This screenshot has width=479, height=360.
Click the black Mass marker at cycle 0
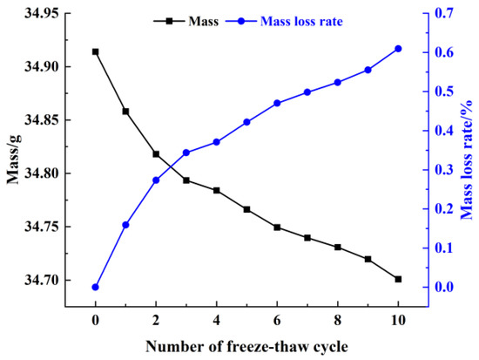coord(95,51)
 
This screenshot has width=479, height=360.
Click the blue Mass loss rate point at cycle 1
coord(125,225)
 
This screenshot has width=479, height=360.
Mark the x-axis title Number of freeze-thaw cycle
coord(246,344)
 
